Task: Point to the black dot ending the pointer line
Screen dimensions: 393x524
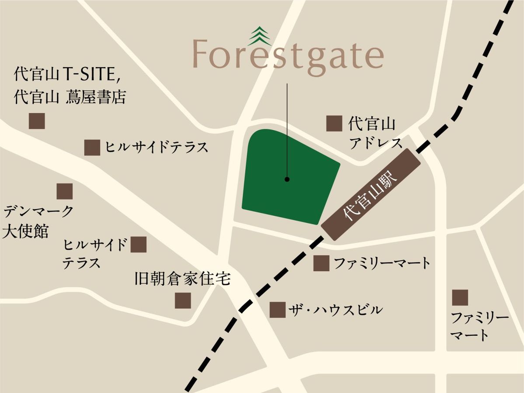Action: click(287, 179)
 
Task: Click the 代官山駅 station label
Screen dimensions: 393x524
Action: click(371, 194)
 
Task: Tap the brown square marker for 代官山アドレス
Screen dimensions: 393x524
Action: click(334, 124)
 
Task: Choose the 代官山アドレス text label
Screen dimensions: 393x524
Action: click(375, 133)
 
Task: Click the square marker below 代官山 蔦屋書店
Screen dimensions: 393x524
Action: click(37, 121)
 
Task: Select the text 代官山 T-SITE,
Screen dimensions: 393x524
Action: click(67, 75)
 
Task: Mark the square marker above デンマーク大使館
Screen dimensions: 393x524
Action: click(65, 191)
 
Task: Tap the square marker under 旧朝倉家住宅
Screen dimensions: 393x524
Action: click(183, 300)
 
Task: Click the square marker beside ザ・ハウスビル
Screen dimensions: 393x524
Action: click(278, 310)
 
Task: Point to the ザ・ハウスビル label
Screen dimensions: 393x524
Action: click(335, 310)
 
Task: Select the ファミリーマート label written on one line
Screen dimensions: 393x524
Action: click(382, 263)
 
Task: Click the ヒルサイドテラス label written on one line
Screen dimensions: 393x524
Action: click(156, 148)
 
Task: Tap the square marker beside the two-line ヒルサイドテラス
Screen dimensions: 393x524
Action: click(139, 245)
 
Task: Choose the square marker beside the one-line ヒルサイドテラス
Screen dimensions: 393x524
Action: click(92, 148)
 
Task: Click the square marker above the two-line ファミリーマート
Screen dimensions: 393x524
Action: click(460, 297)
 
